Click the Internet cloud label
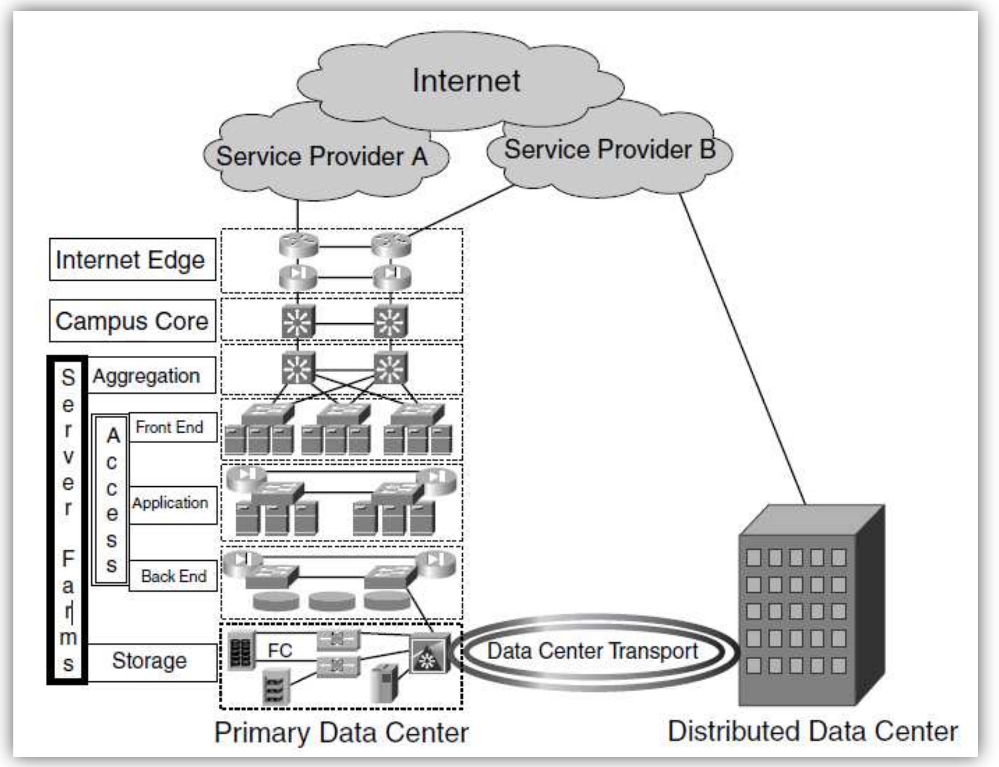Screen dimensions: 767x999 466,80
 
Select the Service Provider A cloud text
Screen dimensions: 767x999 322,157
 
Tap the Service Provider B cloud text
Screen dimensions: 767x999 610,150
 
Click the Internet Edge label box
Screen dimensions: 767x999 132,259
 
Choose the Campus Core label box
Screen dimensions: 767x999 132,321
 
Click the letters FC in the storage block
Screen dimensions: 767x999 279,651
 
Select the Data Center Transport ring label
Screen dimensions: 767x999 593,651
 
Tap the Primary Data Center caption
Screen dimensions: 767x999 342,732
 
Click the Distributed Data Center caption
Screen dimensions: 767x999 813,731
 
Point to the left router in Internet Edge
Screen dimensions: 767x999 298,245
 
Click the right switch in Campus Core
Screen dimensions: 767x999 390,322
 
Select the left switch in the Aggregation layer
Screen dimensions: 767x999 298,368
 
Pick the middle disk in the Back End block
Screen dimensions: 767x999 331,601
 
